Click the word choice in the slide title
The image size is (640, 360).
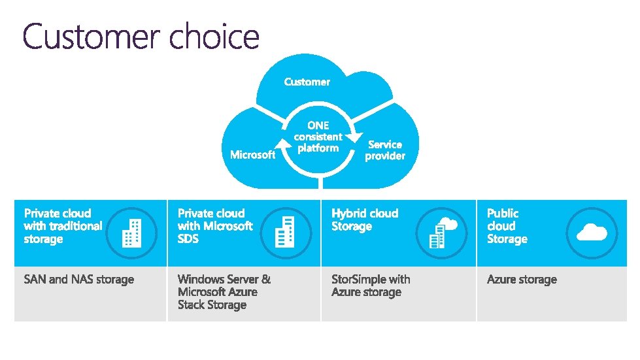[x=214, y=37]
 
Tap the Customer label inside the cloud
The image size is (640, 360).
[x=307, y=82]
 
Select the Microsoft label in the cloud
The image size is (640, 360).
[x=253, y=155]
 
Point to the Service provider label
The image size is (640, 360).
[x=384, y=150]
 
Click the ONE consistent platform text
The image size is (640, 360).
[x=318, y=137]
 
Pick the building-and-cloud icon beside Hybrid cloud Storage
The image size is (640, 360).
[x=442, y=232]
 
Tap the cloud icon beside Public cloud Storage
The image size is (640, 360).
[x=591, y=233]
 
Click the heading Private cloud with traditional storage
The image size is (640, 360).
[x=63, y=226]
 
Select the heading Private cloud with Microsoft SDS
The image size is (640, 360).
[x=215, y=226]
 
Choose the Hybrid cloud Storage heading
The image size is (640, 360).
[x=365, y=220]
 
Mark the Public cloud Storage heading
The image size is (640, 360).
[x=507, y=226]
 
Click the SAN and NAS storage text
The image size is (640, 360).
[x=78, y=280]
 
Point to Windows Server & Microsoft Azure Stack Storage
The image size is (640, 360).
[x=224, y=292]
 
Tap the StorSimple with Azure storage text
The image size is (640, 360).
[x=371, y=286]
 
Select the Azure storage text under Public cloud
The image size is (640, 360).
[x=522, y=280]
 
